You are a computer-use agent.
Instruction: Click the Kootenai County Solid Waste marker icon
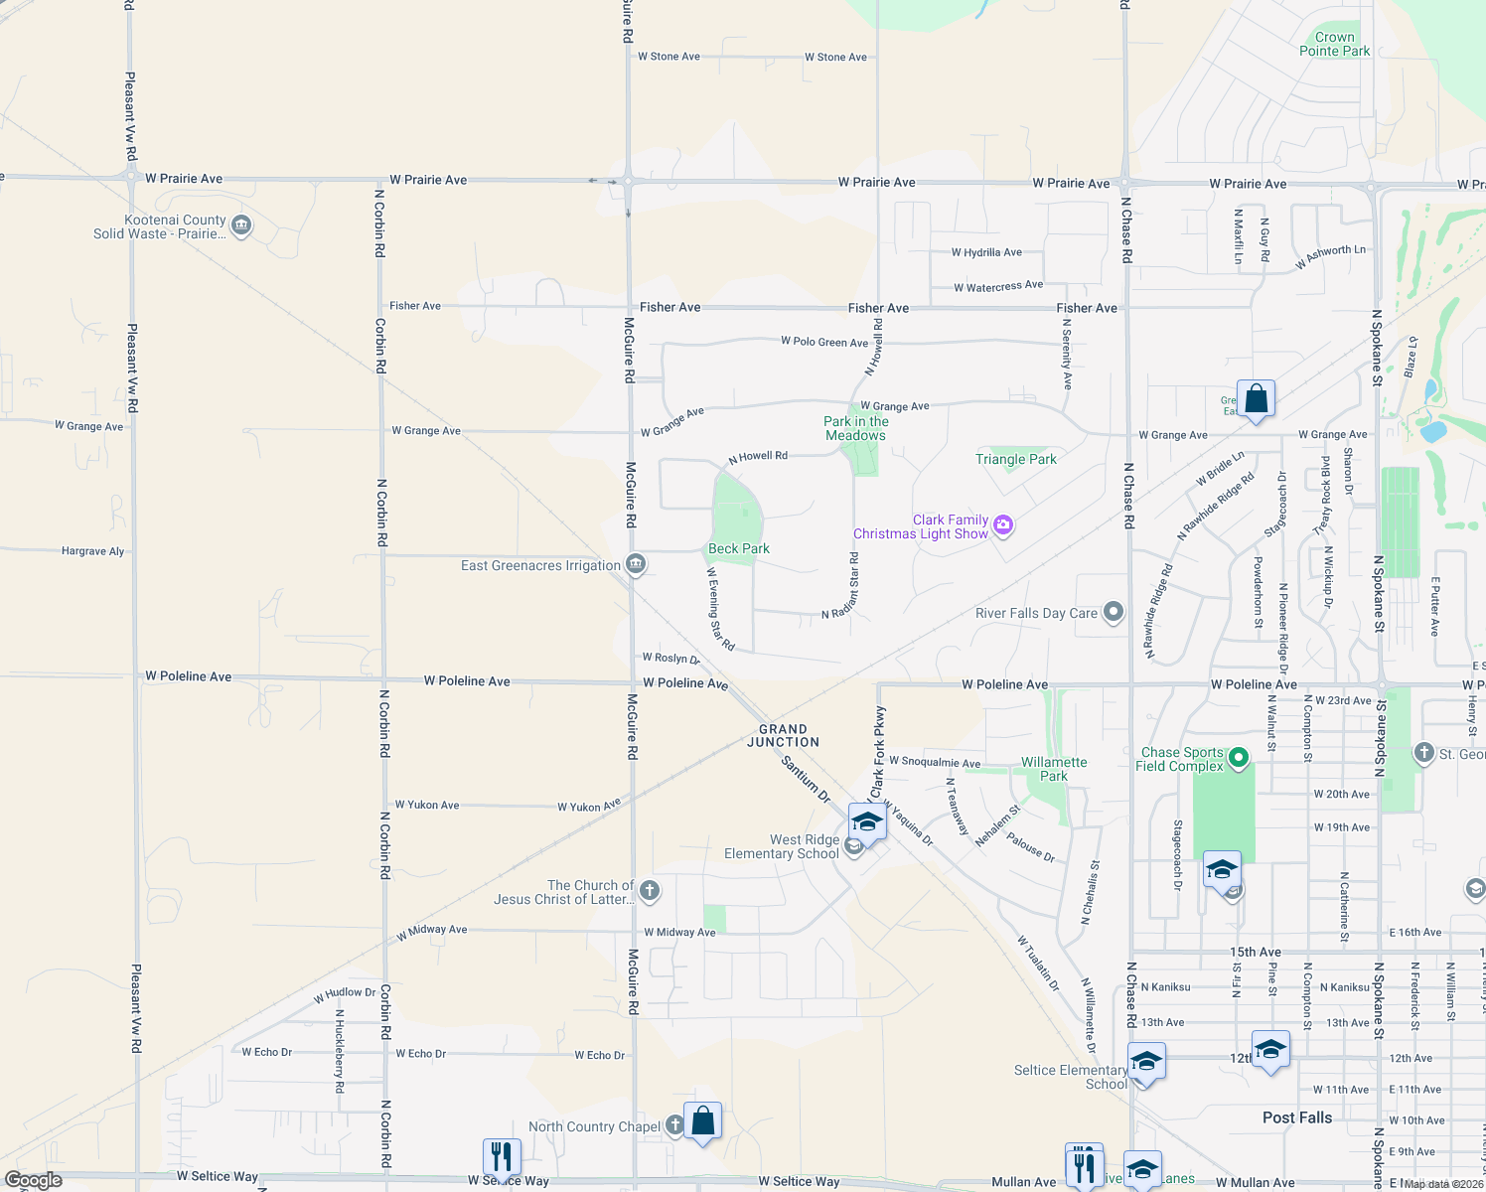240,226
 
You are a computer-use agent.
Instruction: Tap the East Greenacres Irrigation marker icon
636,565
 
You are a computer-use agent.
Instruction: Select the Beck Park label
739,549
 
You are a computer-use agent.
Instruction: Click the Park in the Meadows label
855,428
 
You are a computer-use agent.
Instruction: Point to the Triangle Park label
1015,459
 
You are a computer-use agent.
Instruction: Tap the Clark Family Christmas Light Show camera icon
1003,525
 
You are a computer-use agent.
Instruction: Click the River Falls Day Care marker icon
1114,612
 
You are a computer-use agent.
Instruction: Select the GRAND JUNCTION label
783,736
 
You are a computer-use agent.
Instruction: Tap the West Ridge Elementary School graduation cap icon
867,822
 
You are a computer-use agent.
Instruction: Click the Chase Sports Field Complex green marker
1238,759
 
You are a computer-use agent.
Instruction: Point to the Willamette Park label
1054,769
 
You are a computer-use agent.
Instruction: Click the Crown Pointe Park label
1334,44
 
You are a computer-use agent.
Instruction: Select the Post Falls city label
1296,1117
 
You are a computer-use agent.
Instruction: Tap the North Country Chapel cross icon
674,1124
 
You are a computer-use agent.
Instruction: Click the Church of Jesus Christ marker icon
650,890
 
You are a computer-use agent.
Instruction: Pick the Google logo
34,1180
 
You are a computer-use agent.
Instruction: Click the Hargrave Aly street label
92,551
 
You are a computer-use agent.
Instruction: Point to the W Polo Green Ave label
823,342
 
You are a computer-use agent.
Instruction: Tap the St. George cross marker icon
1423,753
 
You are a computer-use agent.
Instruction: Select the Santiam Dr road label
806,780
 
